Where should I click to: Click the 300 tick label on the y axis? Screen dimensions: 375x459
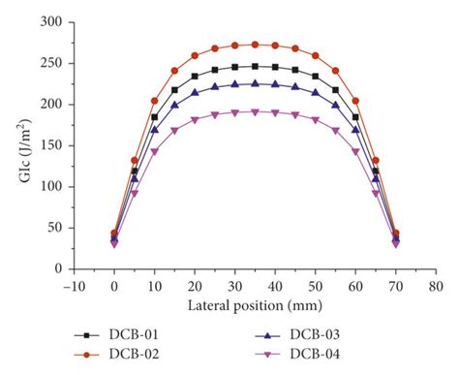pyautogui.click(x=51, y=21)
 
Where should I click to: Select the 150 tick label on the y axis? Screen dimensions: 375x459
pyautogui.click(x=51, y=145)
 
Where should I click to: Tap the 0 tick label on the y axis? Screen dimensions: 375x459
pyautogui.click(x=58, y=268)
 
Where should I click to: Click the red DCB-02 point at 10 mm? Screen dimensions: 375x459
pyautogui.click(x=154, y=101)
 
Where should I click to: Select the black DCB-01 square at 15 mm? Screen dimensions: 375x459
pyautogui.click(x=174, y=90)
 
